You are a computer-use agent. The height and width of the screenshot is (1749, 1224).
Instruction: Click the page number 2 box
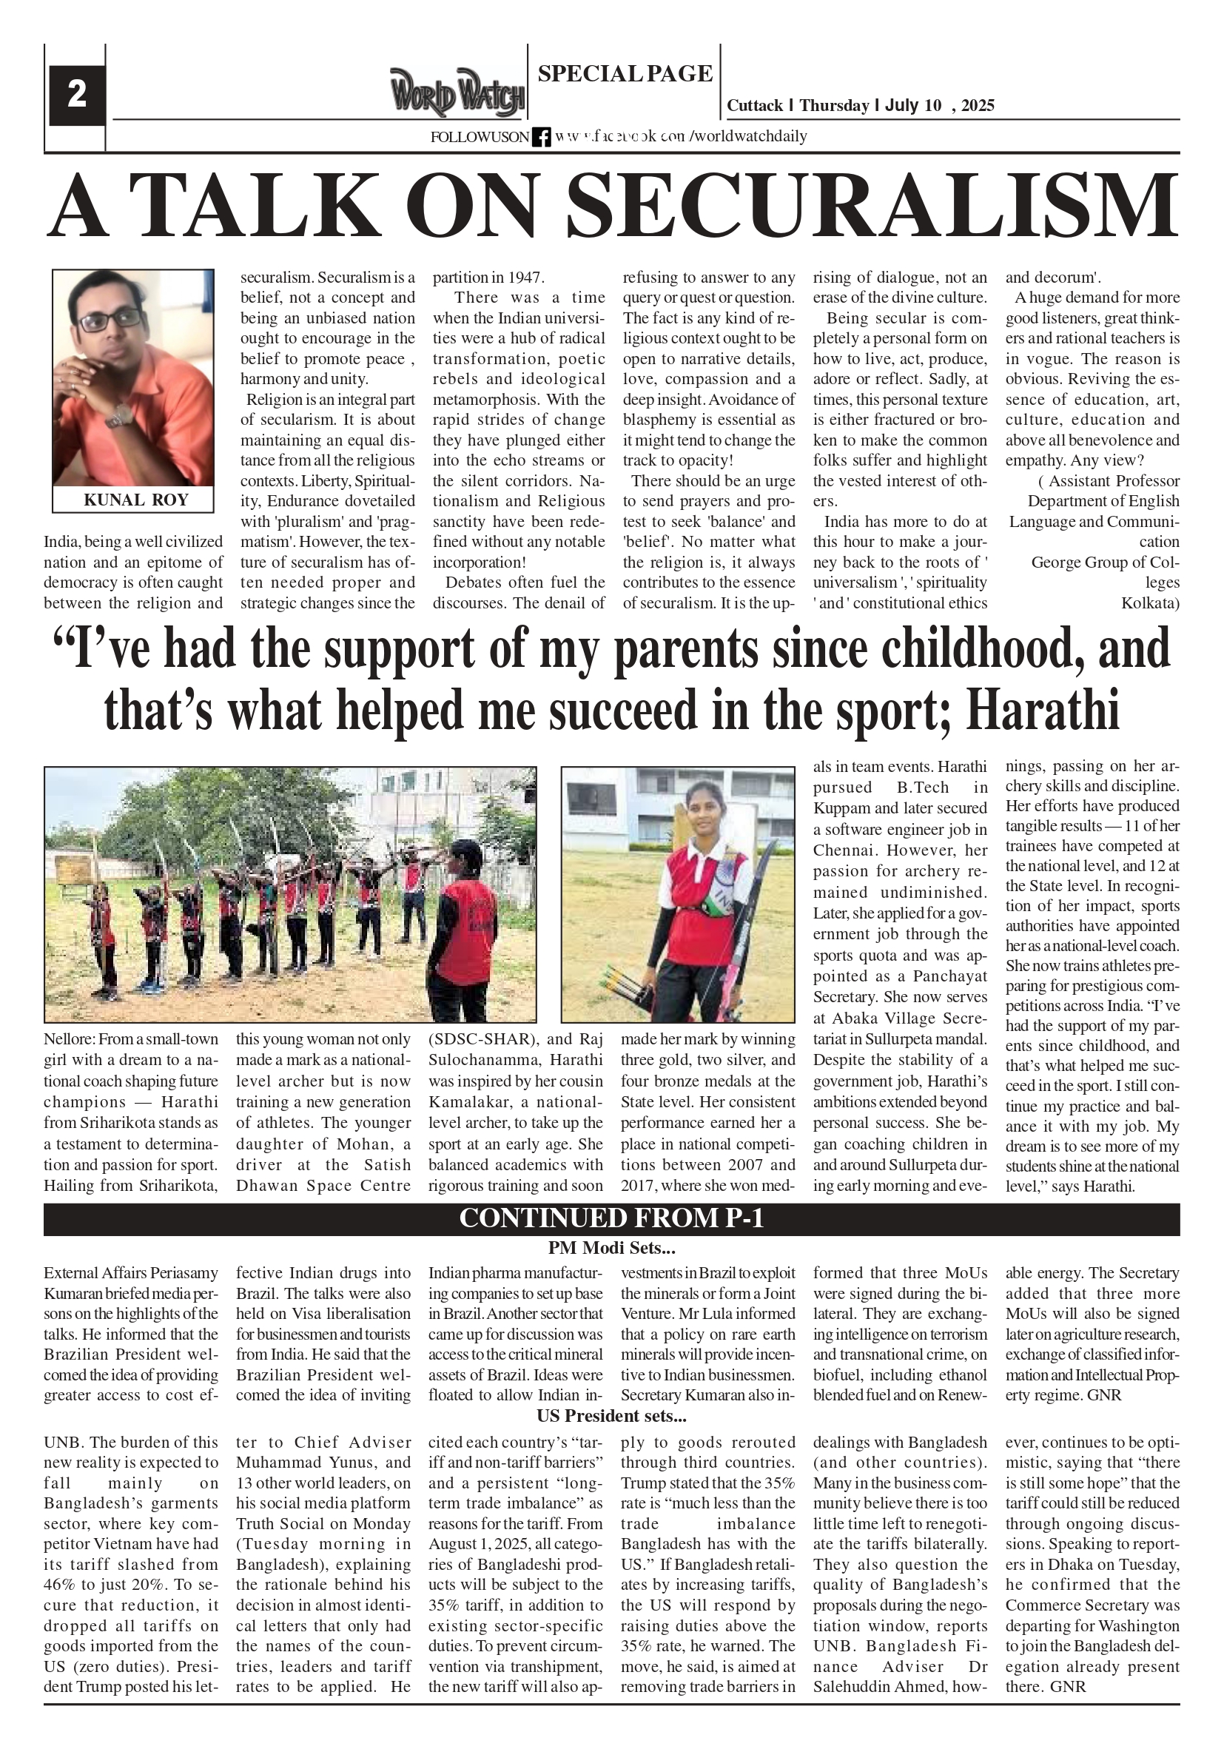[76, 95]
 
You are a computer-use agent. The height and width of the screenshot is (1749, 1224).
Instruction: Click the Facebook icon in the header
[541, 137]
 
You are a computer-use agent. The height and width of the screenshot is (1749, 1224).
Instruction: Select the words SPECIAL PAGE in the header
[625, 74]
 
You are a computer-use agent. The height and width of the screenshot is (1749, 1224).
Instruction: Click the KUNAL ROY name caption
[135, 500]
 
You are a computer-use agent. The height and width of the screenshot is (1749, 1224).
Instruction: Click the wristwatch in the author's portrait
[120, 415]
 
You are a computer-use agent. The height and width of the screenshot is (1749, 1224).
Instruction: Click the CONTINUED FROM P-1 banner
[611, 1218]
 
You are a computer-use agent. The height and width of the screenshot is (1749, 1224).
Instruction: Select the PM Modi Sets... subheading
[611, 1248]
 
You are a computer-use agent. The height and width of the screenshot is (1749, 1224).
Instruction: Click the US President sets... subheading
[611, 1416]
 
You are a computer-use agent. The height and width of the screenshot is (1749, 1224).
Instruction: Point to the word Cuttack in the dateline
[754, 106]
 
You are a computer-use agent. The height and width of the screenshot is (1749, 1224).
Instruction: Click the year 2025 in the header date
[978, 106]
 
